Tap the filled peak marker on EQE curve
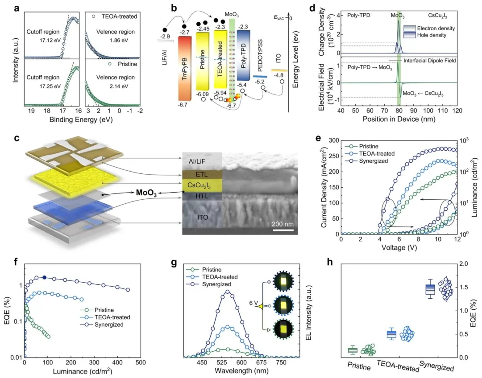point(44,278)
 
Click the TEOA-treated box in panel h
point(391,334)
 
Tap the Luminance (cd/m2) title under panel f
point(83,371)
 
